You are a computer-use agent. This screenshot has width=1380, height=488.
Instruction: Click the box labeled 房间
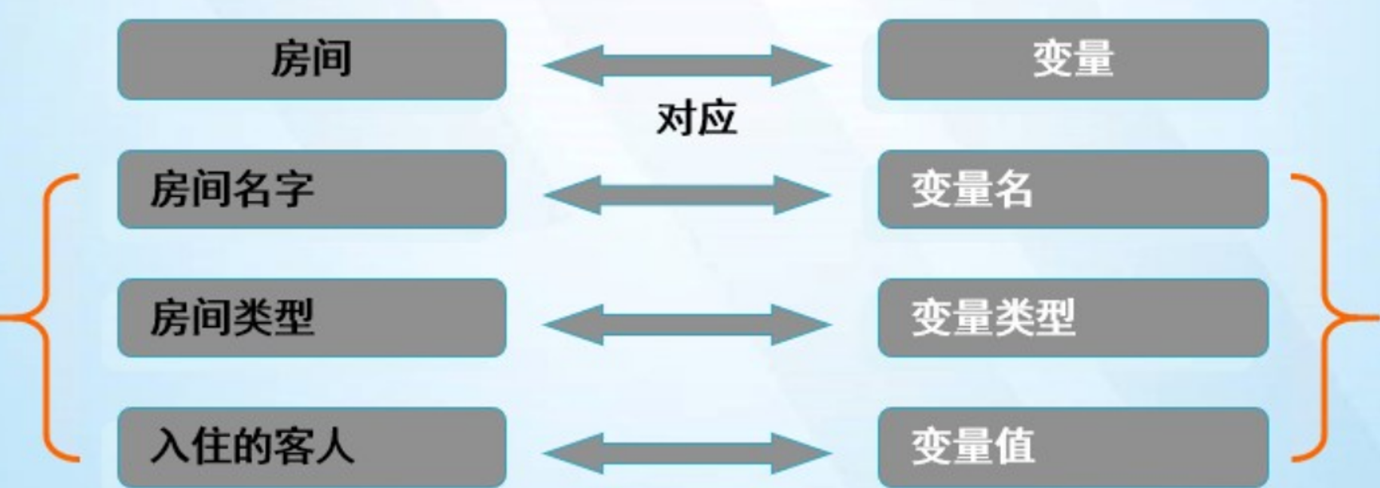tap(312, 59)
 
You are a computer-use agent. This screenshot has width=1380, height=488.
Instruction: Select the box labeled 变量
tap(1073, 59)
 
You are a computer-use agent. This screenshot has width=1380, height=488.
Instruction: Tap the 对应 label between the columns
tap(696, 119)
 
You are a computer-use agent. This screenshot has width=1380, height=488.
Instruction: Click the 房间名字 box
tap(312, 189)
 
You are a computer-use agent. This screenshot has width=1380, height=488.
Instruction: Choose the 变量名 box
tap(1073, 189)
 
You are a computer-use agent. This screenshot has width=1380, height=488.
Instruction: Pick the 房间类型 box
tap(312, 318)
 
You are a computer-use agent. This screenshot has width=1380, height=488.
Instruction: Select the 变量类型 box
tap(1073, 318)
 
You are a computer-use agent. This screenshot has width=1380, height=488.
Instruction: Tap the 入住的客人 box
tap(312, 447)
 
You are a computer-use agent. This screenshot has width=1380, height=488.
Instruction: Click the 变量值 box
tap(1073, 447)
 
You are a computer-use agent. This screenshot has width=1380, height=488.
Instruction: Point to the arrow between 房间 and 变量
tap(687, 65)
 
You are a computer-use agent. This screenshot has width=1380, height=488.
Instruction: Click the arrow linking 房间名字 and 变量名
tap(687, 195)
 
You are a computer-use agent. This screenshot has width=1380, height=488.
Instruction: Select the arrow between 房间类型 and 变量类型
tap(687, 325)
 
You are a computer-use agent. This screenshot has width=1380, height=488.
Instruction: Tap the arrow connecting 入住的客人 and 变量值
tap(687, 453)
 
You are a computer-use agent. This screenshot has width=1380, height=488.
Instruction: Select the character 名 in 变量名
tap(1014, 188)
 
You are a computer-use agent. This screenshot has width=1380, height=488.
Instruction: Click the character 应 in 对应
tap(716, 119)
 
